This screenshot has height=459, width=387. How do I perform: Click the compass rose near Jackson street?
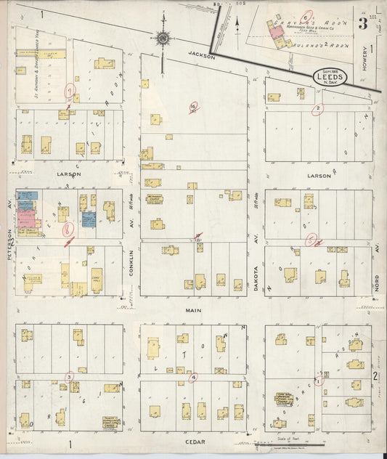click(x=163, y=38)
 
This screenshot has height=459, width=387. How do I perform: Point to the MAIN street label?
click(x=192, y=310)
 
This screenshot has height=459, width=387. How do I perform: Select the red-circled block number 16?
click(x=193, y=107)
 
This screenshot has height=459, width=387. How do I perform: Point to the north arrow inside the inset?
click(x=237, y=25)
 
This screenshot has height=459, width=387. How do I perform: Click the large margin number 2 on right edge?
click(x=375, y=375)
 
